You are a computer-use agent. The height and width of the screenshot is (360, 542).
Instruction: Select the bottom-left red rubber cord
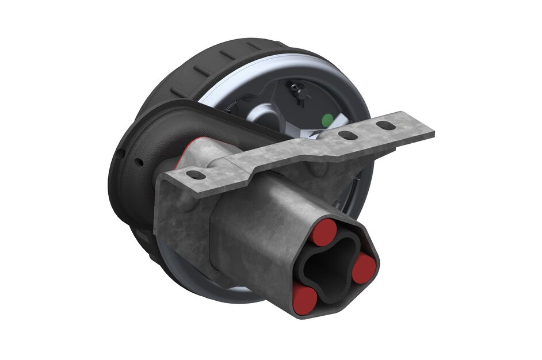click(x=304, y=299)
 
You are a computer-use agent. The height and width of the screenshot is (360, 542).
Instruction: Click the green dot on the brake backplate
click(x=327, y=120)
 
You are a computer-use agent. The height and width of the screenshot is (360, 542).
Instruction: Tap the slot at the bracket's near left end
click(x=196, y=174)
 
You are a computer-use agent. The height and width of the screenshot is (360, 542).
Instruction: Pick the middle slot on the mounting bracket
click(x=348, y=136)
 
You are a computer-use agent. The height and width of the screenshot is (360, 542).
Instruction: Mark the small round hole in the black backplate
click(x=139, y=163)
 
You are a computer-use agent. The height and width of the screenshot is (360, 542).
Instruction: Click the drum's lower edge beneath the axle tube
click(x=230, y=293)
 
